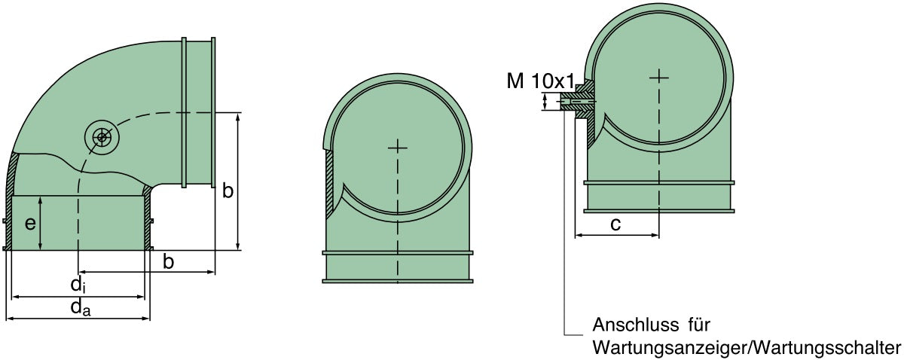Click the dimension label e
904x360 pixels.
(x=29, y=224)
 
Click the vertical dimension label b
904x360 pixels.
(x=228, y=191)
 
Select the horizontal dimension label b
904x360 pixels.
(x=169, y=261)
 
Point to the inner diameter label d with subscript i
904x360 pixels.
(x=78, y=285)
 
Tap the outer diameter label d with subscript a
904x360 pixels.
(x=81, y=307)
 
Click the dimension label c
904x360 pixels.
(x=615, y=224)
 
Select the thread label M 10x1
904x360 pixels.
(x=541, y=81)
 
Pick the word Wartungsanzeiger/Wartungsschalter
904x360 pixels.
(x=747, y=348)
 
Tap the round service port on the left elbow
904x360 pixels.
(x=100, y=137)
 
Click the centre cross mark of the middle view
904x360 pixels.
(x=397, y=147)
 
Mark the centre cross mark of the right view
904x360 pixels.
(x=659, y=76)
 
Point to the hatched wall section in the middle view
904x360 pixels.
(x=330, y=181)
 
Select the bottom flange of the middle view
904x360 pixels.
(x=397, y=281)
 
